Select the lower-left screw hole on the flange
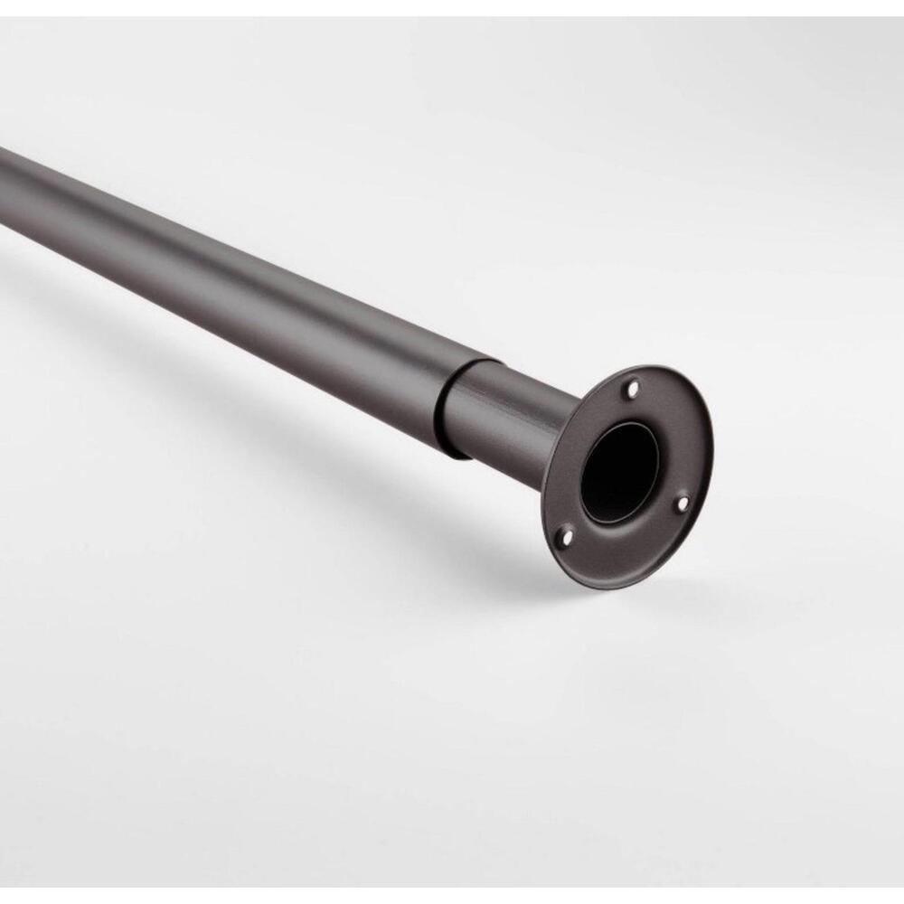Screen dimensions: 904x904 click(x=567, y=537)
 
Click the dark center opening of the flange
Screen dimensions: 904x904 click(x=619, y=470)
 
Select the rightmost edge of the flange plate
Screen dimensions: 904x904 click(x=711, y=452)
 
